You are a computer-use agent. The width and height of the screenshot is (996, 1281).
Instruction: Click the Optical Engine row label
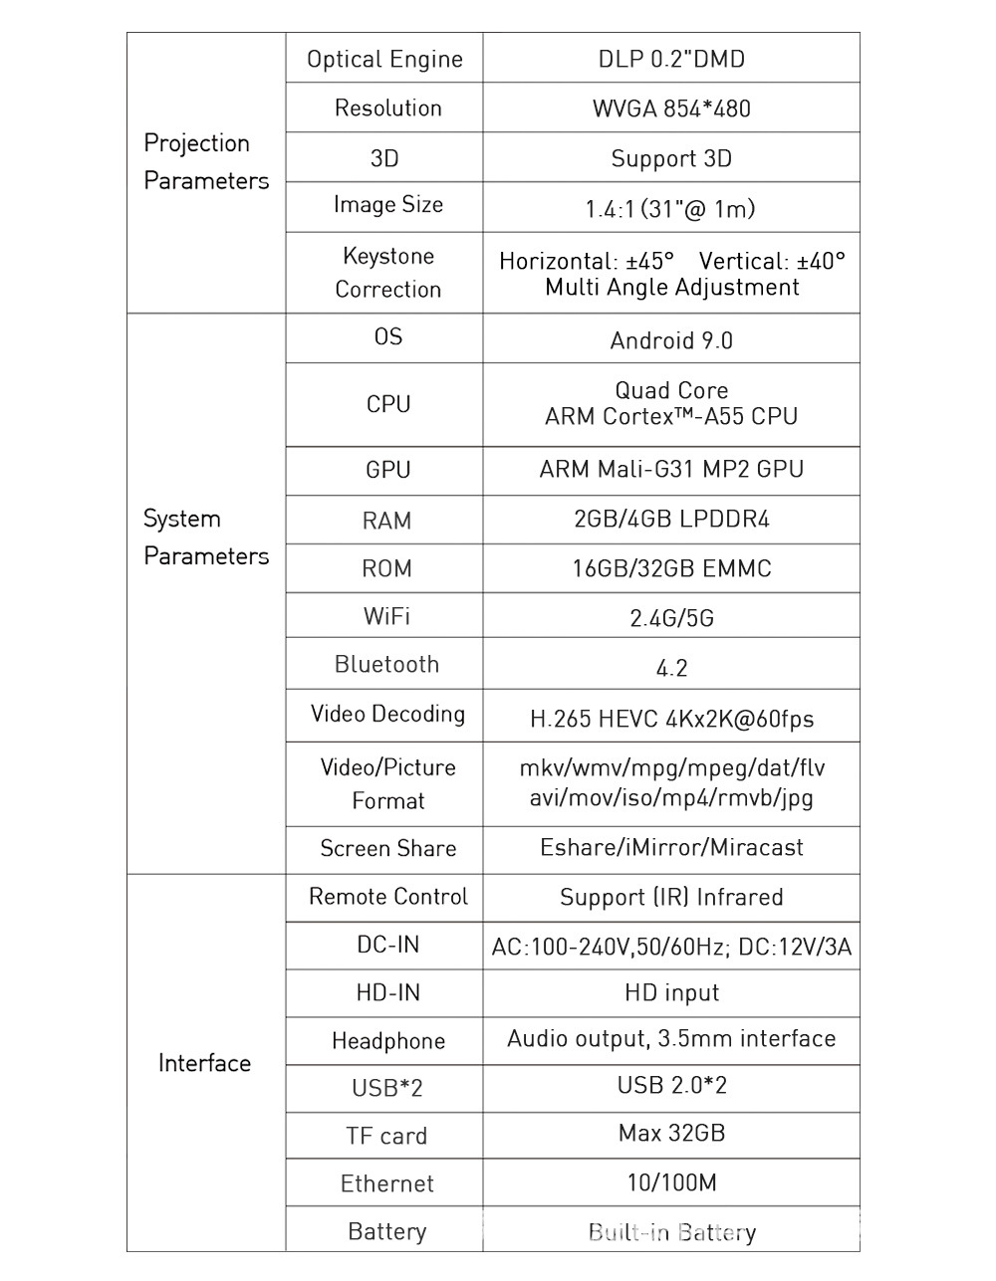point(384,60)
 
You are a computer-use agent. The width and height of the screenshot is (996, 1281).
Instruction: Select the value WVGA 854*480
point(671,108)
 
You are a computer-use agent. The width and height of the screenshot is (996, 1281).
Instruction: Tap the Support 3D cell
point(671,159)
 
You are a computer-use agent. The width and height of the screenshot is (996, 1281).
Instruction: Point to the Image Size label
point(387,205)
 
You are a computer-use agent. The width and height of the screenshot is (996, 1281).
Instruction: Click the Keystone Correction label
point(387,273)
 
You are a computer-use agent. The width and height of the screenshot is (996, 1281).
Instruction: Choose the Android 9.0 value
point(671,341)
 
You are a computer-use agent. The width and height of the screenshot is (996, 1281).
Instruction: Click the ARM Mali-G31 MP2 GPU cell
point(671,470)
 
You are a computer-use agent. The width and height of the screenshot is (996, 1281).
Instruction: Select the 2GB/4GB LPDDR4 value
point(671,520)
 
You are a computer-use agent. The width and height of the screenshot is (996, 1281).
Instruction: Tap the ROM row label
point(386,569)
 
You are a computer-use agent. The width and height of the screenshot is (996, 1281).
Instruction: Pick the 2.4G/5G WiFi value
point(671,619)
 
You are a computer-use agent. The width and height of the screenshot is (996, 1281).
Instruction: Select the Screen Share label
point(387,849)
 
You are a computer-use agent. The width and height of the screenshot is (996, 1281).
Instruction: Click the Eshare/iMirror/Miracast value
point(671,848)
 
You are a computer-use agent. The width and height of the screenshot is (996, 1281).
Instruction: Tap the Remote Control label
point(387,897)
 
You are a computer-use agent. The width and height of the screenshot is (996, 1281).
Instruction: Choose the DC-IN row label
point(387,945)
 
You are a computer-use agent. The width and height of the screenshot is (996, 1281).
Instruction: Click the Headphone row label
point(387,1041)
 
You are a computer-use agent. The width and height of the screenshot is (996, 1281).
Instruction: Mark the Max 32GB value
point(671,1134)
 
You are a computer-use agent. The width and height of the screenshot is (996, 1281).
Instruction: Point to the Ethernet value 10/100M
point(671,1183)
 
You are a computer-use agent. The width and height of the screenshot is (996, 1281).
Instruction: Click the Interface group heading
point(204,1063)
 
